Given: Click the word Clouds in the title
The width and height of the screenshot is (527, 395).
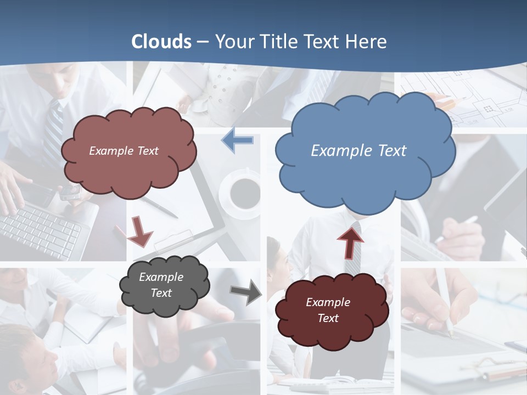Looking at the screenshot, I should click(x=161, y=42).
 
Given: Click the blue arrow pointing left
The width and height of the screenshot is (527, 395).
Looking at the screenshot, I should click(x=238, y=140).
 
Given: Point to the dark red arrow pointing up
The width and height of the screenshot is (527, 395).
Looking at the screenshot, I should click(x=350, y=242).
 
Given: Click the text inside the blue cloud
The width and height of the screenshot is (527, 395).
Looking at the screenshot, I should click(x=358, y=151).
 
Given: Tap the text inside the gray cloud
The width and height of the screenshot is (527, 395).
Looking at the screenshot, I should click(x=161, y=285).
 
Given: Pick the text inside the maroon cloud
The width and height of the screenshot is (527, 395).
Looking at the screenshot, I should click(x=328, y=310).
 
